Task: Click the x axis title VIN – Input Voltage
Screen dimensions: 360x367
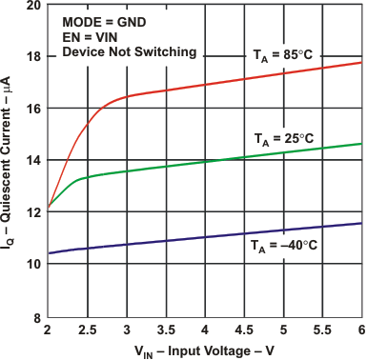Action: [x=203, y=350]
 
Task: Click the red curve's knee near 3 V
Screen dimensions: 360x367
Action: [x=120, y=97]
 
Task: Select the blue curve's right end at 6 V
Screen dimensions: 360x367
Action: [x=361, y=223]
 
